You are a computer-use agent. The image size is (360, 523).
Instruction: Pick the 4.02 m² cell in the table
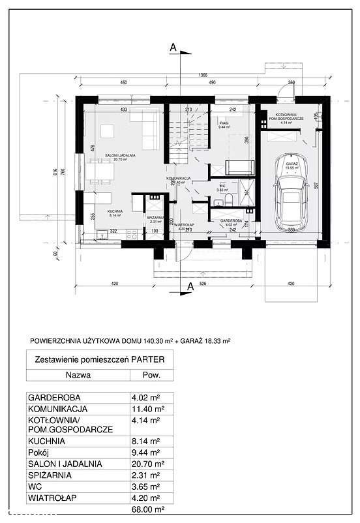point(147,397)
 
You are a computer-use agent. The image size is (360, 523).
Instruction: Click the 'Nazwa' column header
point(78,375)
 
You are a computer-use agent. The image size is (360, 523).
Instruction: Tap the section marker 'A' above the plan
point(173,47)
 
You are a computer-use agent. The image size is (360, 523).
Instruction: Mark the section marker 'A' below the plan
point(190,286)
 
